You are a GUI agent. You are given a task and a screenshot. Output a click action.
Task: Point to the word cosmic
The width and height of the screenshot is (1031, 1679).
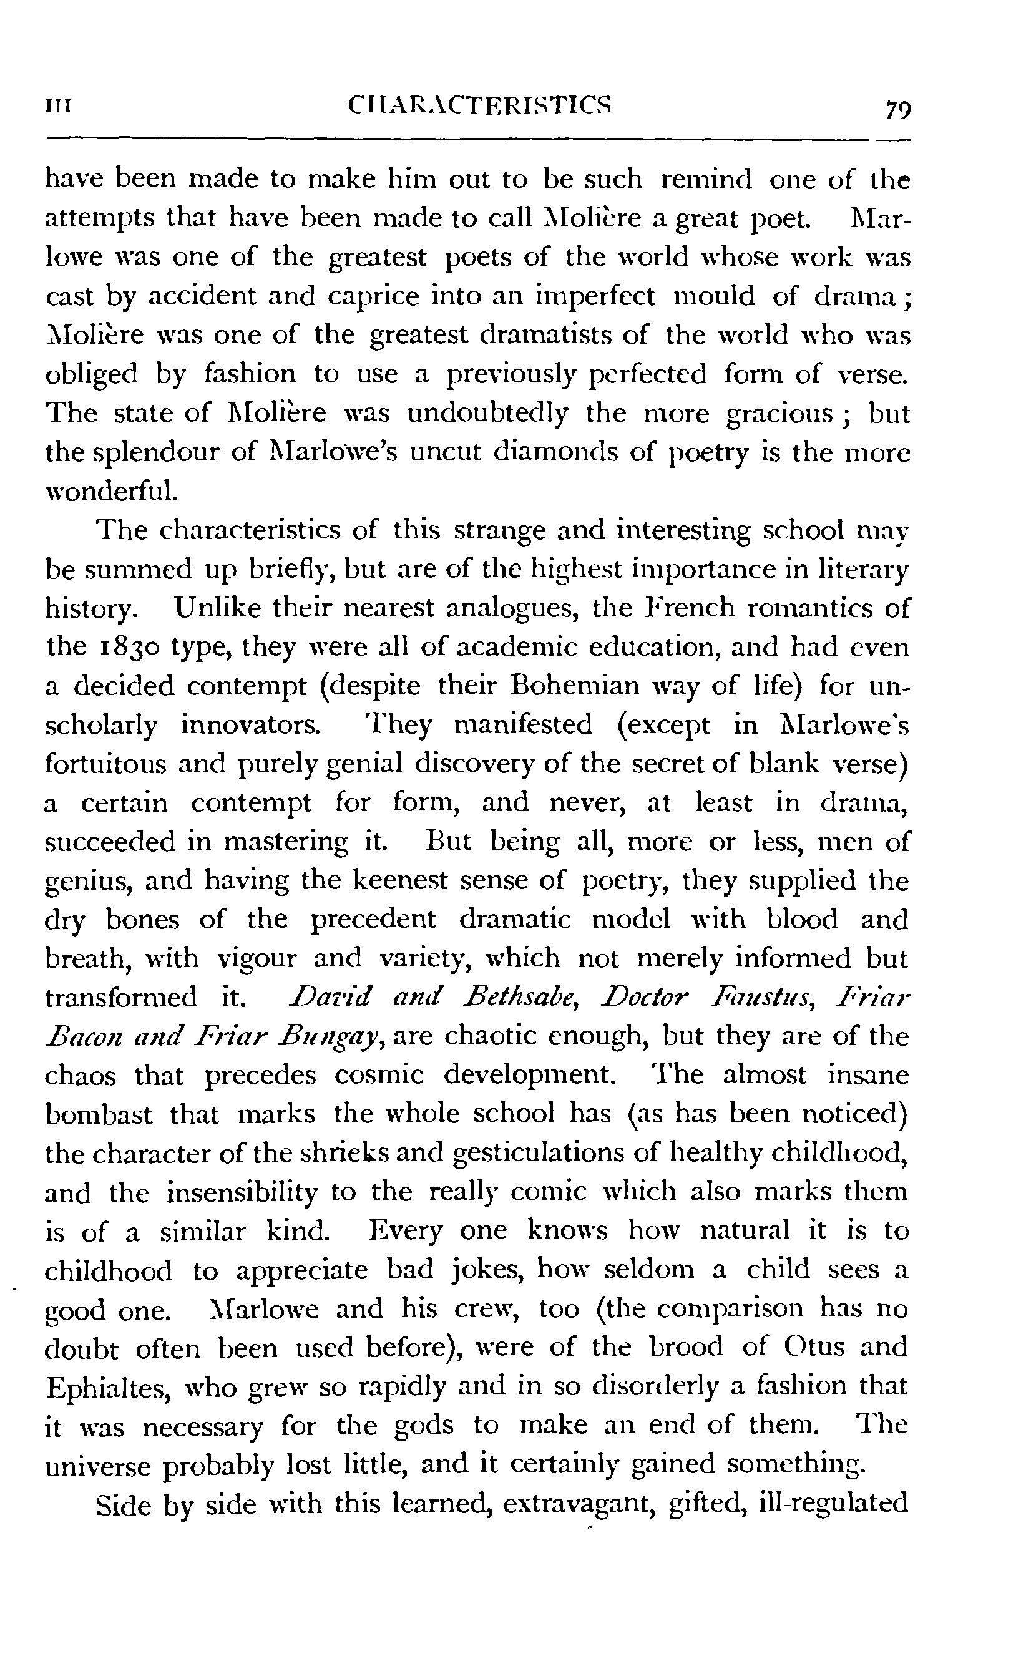click(379, 1076)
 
